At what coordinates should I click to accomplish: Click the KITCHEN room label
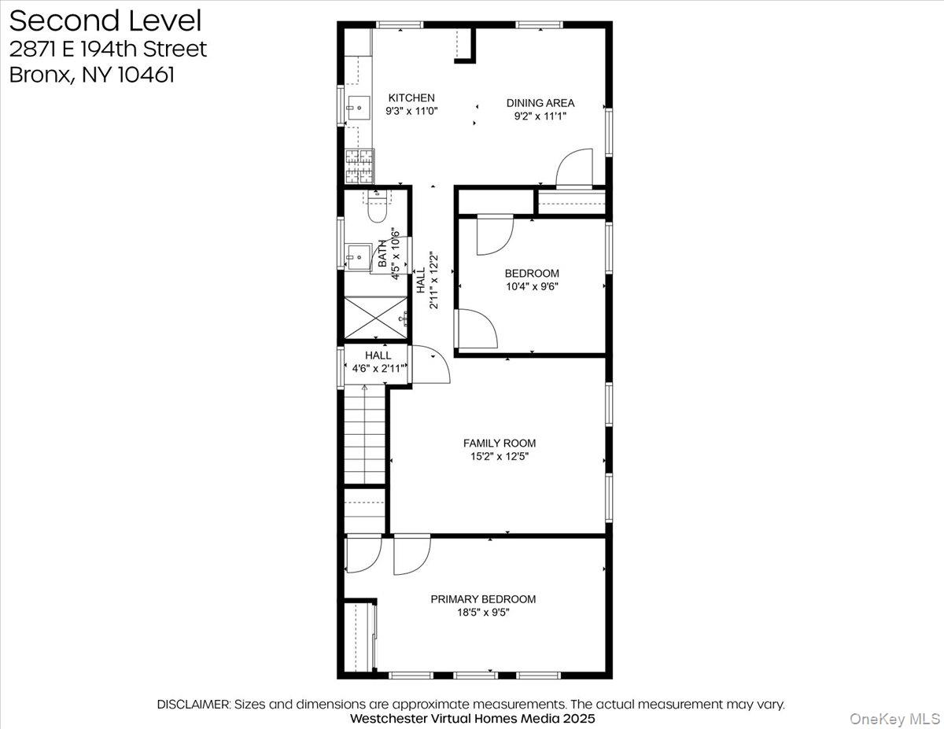pyautogui.click(x=411, y=98)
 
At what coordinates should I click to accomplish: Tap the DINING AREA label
pyautogui.click(x=540, y=103)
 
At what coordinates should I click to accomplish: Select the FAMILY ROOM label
pyautogui.click(x=499, y=444)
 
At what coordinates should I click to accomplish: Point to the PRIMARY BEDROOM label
pyautogui.click(x=482, y=599)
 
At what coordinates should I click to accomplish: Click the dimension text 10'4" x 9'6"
pyautogui.click(x=532, y=286)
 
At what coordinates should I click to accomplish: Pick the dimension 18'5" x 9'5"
pyautogui.click(x=482, y=613)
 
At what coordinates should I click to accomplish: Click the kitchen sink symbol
pyautogui.click(x=358, y=105)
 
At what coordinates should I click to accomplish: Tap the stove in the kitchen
pyautogui.click(x=360, y=166)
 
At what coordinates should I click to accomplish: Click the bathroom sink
pyautogui.click(x=359, y=255)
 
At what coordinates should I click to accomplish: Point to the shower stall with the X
pyautogui.click(x=376, y=318)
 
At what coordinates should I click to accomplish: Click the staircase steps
pyautogui.click(x=364, y=436)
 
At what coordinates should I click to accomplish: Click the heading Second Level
pyautogui.click(x=105, y=20)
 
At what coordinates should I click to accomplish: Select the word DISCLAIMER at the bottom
pyautogui.click(x=194, y=704)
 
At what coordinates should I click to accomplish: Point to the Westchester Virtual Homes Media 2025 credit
pyautogui.click(x=472, y=719)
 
